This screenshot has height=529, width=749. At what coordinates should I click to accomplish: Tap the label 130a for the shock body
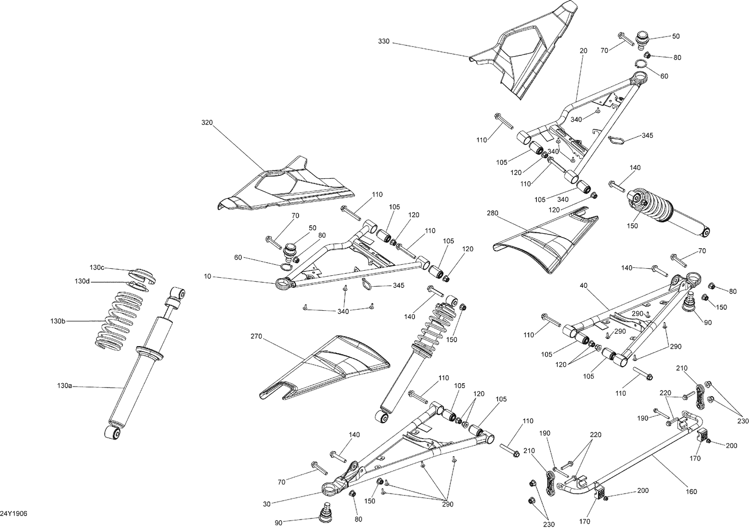tap(64, 386)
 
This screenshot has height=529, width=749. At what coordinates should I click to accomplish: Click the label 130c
tap(97, 268)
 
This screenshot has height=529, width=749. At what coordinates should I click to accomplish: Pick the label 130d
tap(82, 281)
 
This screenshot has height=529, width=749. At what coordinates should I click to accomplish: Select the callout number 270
tap(256, 337)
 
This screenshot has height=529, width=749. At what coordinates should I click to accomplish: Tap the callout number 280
tap(492, 213)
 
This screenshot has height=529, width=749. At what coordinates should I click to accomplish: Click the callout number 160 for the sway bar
tap(691, 492)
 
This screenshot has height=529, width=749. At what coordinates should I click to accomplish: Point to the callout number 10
tap(208, 276)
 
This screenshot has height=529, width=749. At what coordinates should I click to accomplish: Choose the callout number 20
tap(583, 50)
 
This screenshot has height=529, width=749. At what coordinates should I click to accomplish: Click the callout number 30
tap(267, 504)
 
